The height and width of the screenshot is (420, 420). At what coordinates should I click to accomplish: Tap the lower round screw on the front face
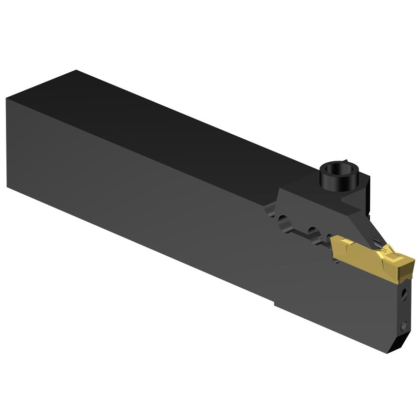point(403,326)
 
